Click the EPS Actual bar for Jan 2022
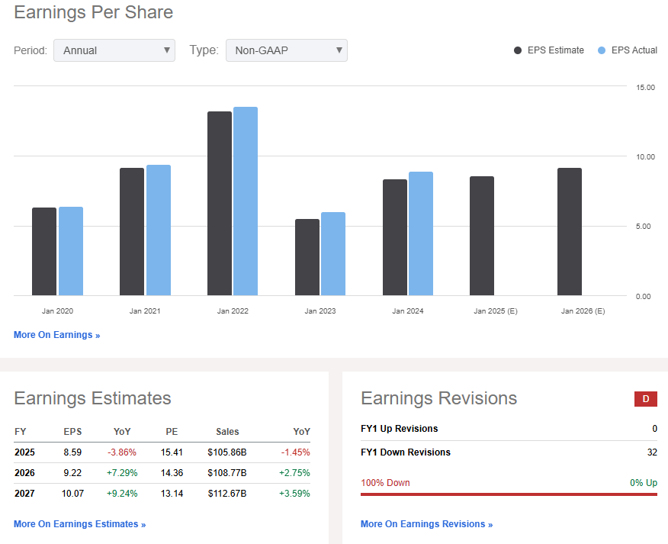(x=246, y=201)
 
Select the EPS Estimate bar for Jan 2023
(x=307, y=257)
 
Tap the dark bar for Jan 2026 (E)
(x=570, y=232)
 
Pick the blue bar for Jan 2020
(x=71, y=251)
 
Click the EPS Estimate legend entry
(x=549, y=50)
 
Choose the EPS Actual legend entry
(x=628, y=50)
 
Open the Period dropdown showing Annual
(x=114, y=50)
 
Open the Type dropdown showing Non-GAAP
(x=287, y=50)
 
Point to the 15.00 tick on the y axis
(x=645, y=87)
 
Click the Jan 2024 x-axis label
(x=408, y=311)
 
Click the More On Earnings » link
(x=56, y=335)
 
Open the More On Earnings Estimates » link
(x=79, y=524)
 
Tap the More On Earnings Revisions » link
(x=426, y=524)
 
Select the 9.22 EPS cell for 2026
(x=73, y=473)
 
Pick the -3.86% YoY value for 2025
(x=122, y=452)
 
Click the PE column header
(x=172, y=432)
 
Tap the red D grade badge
(x=646, y=398)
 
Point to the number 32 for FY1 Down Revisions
(x=651, y=452)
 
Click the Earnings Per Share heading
(x=93, y=13)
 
